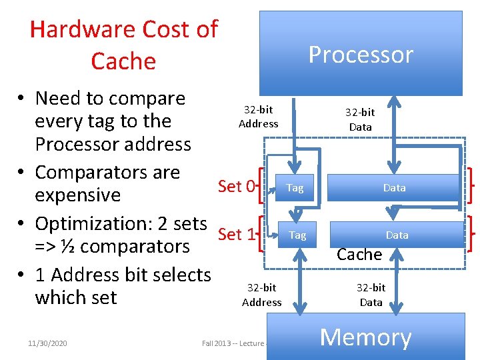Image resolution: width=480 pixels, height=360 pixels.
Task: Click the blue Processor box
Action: pyautogui.click(x=361, y=53)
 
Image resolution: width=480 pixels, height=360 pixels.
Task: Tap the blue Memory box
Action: pyautogui.click(x=365, y=337)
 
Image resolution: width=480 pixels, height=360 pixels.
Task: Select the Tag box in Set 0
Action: pyautogui.click(x=295, y=188)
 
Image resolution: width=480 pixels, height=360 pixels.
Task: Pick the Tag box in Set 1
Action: pyautogui.click(x=297, y=235)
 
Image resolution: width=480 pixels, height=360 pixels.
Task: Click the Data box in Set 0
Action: pyautogui.click(x=394, y=188)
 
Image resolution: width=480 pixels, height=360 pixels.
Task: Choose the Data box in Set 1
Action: pyautogui.click(x=397, y=235)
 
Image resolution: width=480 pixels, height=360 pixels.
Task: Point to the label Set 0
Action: pyautogui.click(x=236, y=186)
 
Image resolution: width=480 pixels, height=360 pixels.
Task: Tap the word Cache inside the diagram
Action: pyautogui.click(x=359, y=254)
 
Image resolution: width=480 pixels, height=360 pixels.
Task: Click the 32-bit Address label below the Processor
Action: pyautogui.click(x=259, y=116)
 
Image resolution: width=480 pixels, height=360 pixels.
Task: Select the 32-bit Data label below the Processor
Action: pyautogui.click(x=361, y=120)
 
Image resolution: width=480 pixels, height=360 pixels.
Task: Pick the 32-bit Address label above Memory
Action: pyautogui.click(x=261, y=295)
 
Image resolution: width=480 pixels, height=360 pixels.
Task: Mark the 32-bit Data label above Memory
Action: pyautogui.click(x=371, y=295)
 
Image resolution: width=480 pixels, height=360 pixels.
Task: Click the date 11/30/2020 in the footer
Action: pyautogui.click(x=47, y=343)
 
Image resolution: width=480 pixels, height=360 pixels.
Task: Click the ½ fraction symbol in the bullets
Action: pyautogui.click(x=69, y=246)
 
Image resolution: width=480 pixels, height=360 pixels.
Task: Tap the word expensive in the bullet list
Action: pyautogui.click(x=77, y=195)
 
